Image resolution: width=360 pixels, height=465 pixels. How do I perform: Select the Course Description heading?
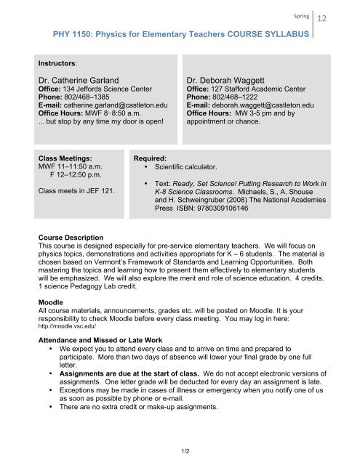[x=71, y=238]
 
